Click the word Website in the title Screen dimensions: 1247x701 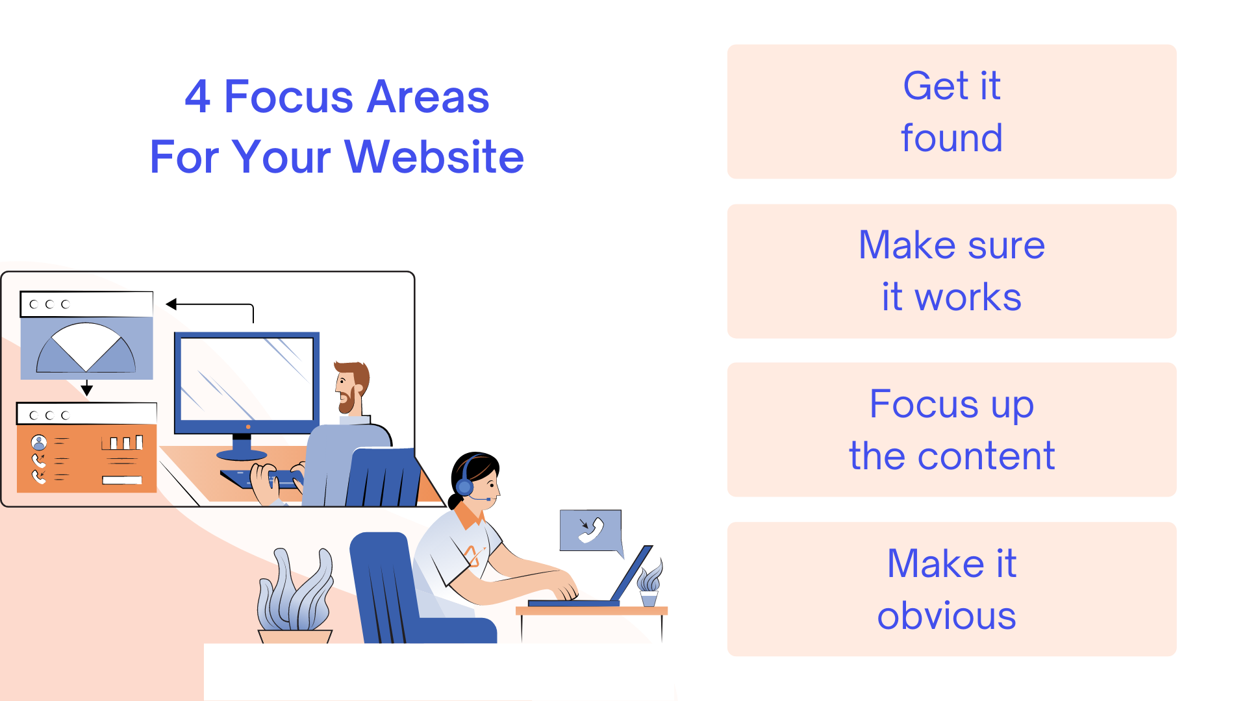click(434, 157)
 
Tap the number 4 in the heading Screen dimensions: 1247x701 click(197, 97)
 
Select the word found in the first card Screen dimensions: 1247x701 click(951, 138)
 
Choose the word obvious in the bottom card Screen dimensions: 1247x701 click(946, 615)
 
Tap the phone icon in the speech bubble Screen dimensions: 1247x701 click(591, 530)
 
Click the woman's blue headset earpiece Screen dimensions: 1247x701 click(465, 486)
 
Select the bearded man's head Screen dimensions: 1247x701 click(352, 386)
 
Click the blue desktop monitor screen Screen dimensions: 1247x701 click(247, 379)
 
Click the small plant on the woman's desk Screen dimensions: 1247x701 click(649, 581)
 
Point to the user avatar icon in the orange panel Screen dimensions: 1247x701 click(39, 443)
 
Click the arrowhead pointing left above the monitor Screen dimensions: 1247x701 click(171, 304)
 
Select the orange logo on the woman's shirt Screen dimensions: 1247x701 click(473, 556)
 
